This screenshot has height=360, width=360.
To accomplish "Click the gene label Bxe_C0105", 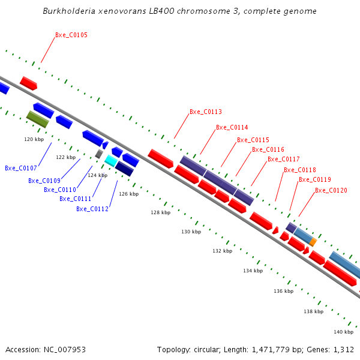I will tap(71, 35).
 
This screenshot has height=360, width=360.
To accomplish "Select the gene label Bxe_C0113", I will tap(206, 112).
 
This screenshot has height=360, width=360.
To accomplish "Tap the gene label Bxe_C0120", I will tap(331, 191).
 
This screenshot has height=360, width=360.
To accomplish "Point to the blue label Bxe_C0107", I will tap(21, 169).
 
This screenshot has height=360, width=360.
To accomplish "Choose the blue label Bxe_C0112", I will tap(92, 209).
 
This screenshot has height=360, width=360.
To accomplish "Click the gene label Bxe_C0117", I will tap(284, 160).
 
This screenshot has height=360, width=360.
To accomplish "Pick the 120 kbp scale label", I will tap(34, 139).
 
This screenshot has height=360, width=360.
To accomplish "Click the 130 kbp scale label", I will tap(191, 232).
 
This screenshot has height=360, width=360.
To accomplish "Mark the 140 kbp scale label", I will tap(344, 332).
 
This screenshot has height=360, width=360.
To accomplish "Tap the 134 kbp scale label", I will tap(253, 271).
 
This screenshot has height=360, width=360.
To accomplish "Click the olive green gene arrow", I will tap(37, 119).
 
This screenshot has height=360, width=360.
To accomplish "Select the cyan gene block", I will tap(111, 161).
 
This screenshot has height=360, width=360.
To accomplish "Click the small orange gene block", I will tap(313, 242).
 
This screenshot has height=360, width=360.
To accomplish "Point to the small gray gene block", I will tap(99, 154).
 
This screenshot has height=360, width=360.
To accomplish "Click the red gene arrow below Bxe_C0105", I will tap(28, 83).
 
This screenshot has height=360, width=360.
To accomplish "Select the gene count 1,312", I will tap(344, 349).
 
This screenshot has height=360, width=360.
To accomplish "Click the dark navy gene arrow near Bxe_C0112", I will tap(124, 169).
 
